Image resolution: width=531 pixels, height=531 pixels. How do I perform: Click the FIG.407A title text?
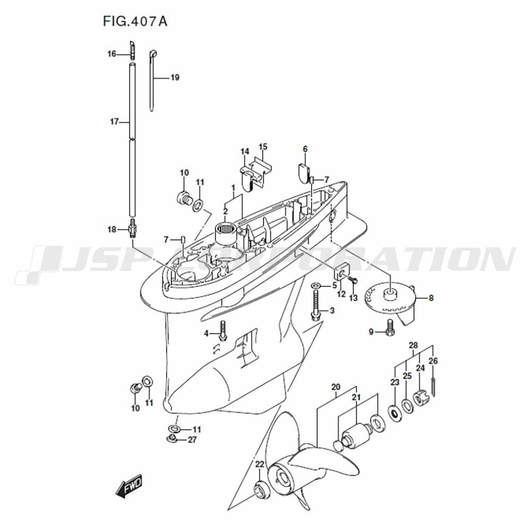[x=135, y=21]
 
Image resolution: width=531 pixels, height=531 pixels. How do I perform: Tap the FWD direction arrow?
[x=129, y=486]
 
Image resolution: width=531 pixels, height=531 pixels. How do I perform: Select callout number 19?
[x=175, y=78]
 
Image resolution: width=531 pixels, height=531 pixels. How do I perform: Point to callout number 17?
[x=114, y=121]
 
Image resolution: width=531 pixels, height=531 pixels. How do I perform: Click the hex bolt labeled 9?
[x=390, y=328]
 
